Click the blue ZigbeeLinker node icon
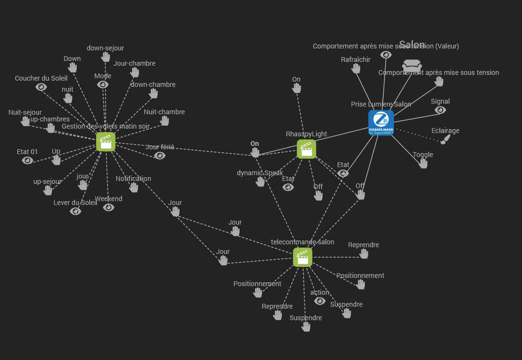point(381,122)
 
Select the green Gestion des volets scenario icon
point(106,142)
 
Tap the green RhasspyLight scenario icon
point(306,149)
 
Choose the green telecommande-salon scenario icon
point(303,257)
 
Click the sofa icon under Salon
point(412,66)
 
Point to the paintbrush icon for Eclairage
point(446,139)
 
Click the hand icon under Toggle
point(423,163)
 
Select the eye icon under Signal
point(440,110)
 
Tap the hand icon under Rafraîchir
point(356,68)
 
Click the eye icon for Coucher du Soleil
point(41,87)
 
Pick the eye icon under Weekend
point(109,207)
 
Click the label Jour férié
point(160,147)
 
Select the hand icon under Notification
point(134,187)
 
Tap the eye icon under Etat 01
point(27,160)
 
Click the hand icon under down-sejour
point(106,57)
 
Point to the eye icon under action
point(320,301)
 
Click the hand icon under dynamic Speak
point(260,181)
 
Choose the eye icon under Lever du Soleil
point(75,211)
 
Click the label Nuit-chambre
point(164,112)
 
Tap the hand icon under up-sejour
point(48,190)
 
